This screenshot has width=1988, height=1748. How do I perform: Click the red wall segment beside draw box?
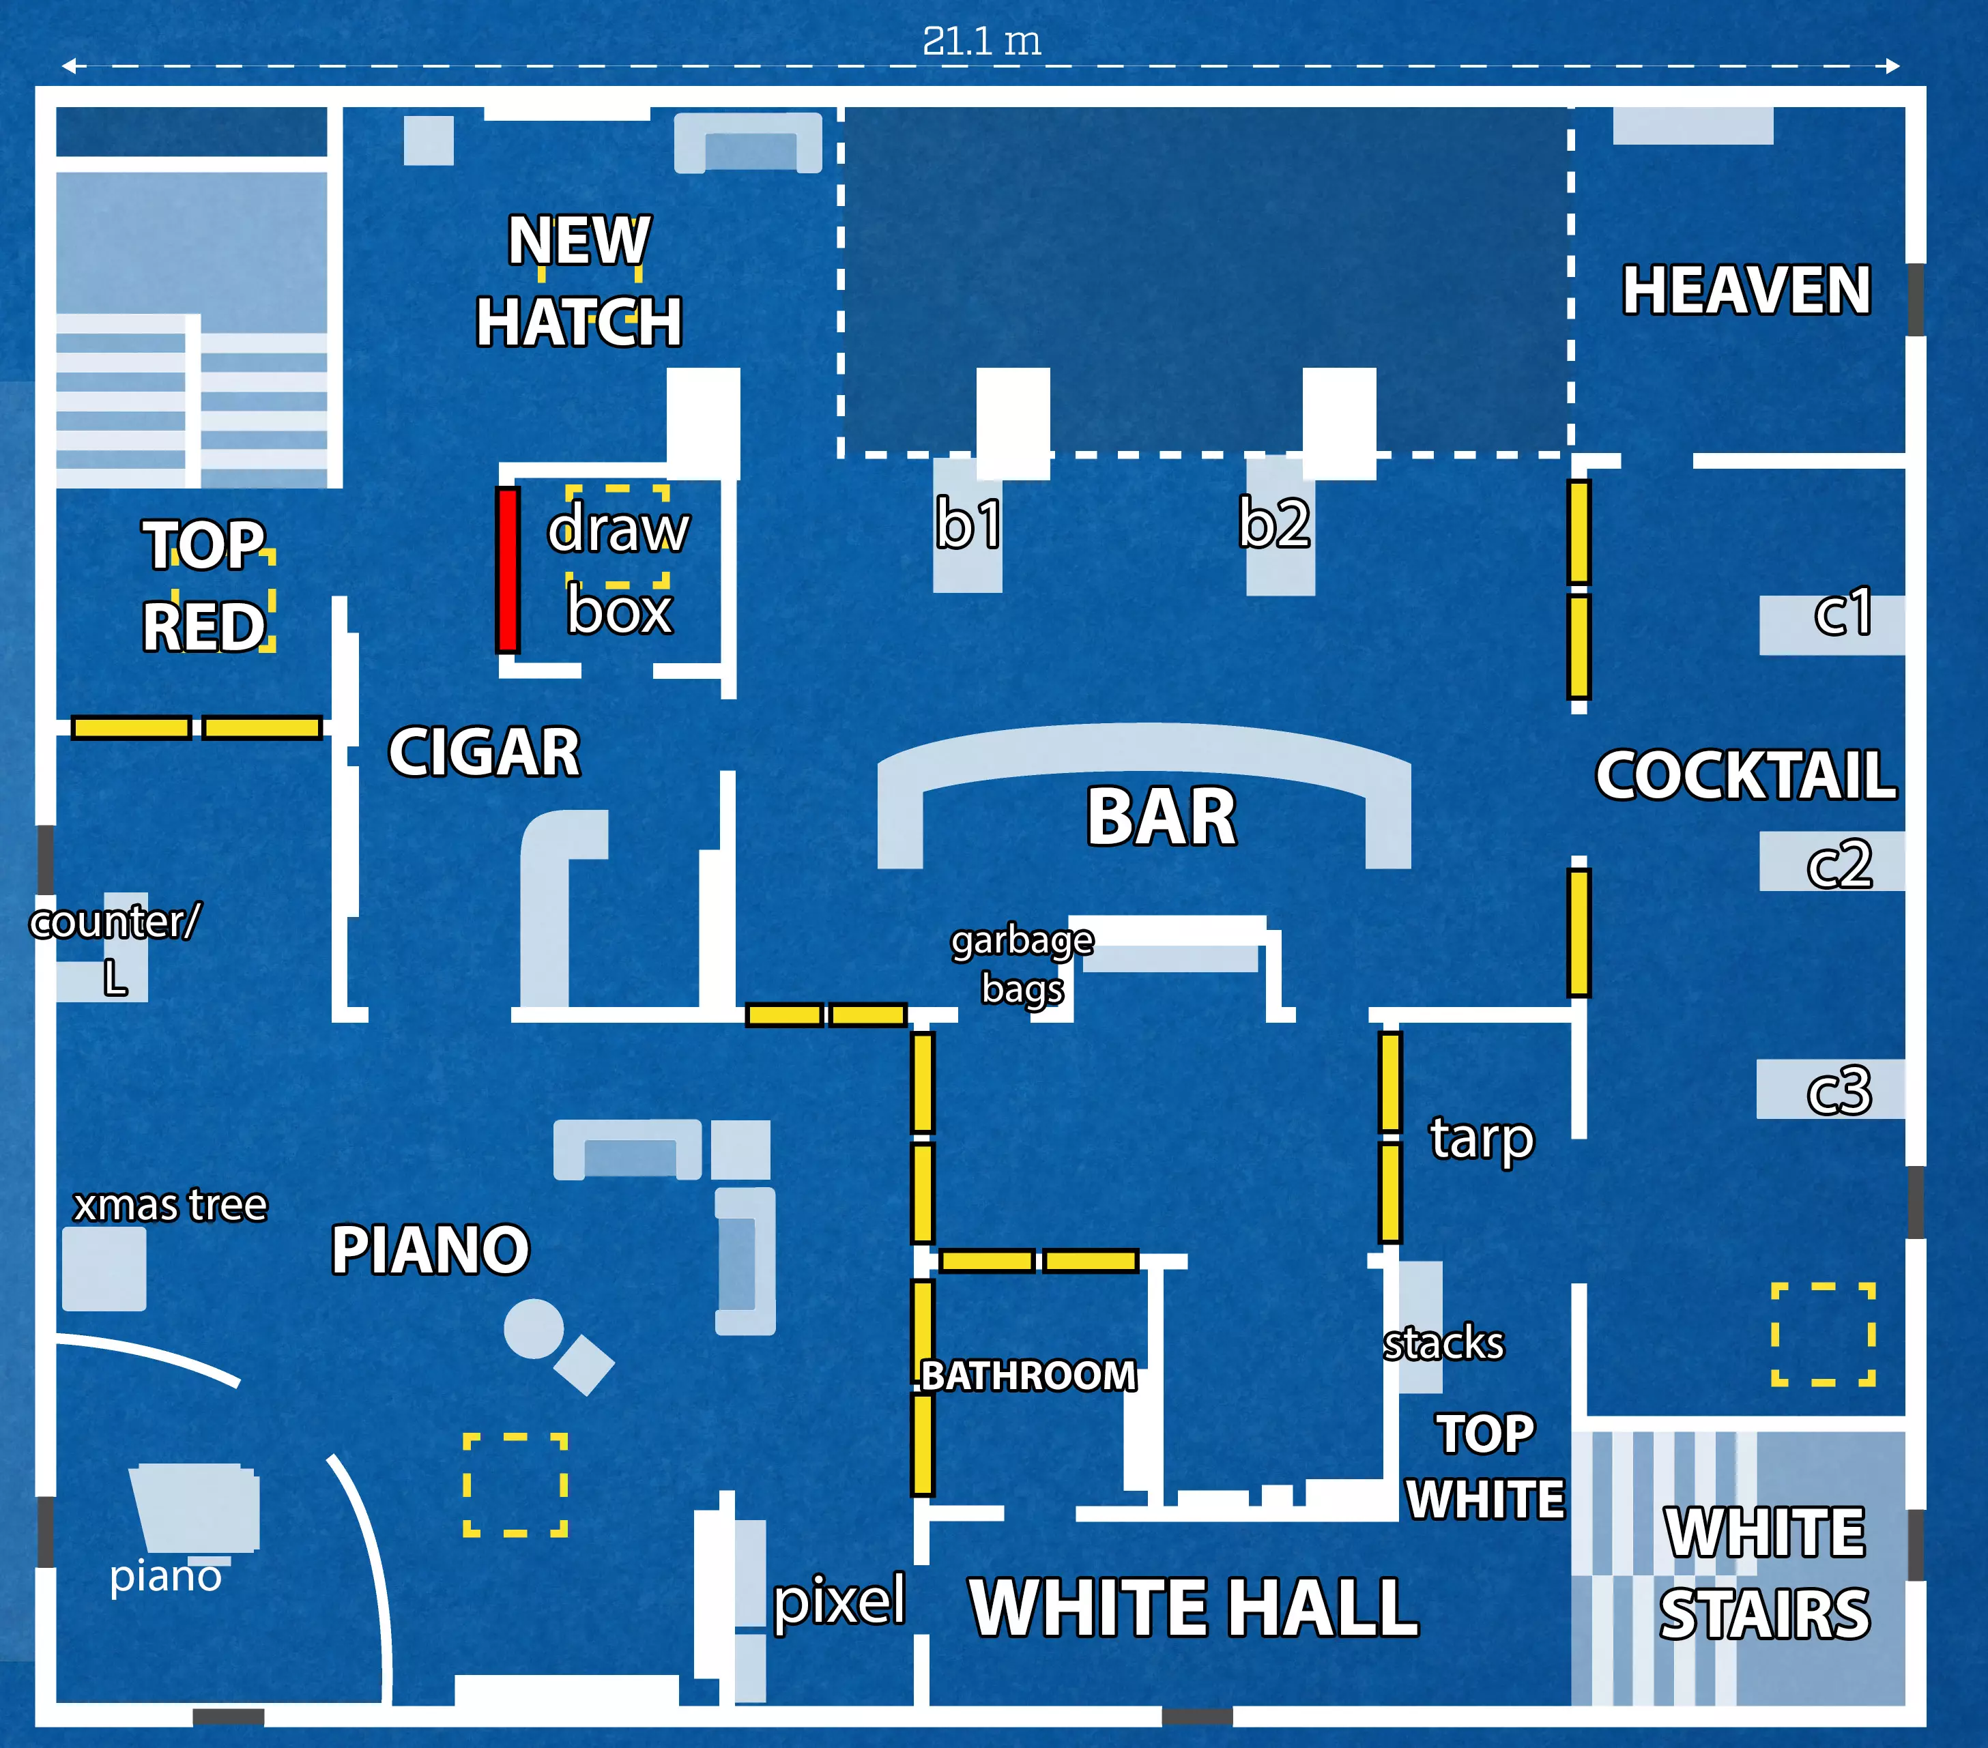[x=507, y=569]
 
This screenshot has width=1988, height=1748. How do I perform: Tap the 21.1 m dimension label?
[x=981, y=41]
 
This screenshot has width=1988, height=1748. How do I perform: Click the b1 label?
[x=968, y=524]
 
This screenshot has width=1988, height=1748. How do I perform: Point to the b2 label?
[x=1274, y=524]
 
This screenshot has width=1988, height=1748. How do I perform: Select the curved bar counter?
[x=1144, y=751]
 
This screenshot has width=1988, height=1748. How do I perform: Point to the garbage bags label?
[x=1022, y=965]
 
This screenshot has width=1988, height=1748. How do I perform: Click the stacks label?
[x=1443, y=1343]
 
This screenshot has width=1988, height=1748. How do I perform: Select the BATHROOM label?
[x=1028, y=1375]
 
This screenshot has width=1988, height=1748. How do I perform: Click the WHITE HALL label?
[x=1194, y=1607]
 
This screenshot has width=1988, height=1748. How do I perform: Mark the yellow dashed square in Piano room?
[x=515, y=1485]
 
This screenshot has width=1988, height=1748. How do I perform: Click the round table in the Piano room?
[x=533, y=1328]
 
